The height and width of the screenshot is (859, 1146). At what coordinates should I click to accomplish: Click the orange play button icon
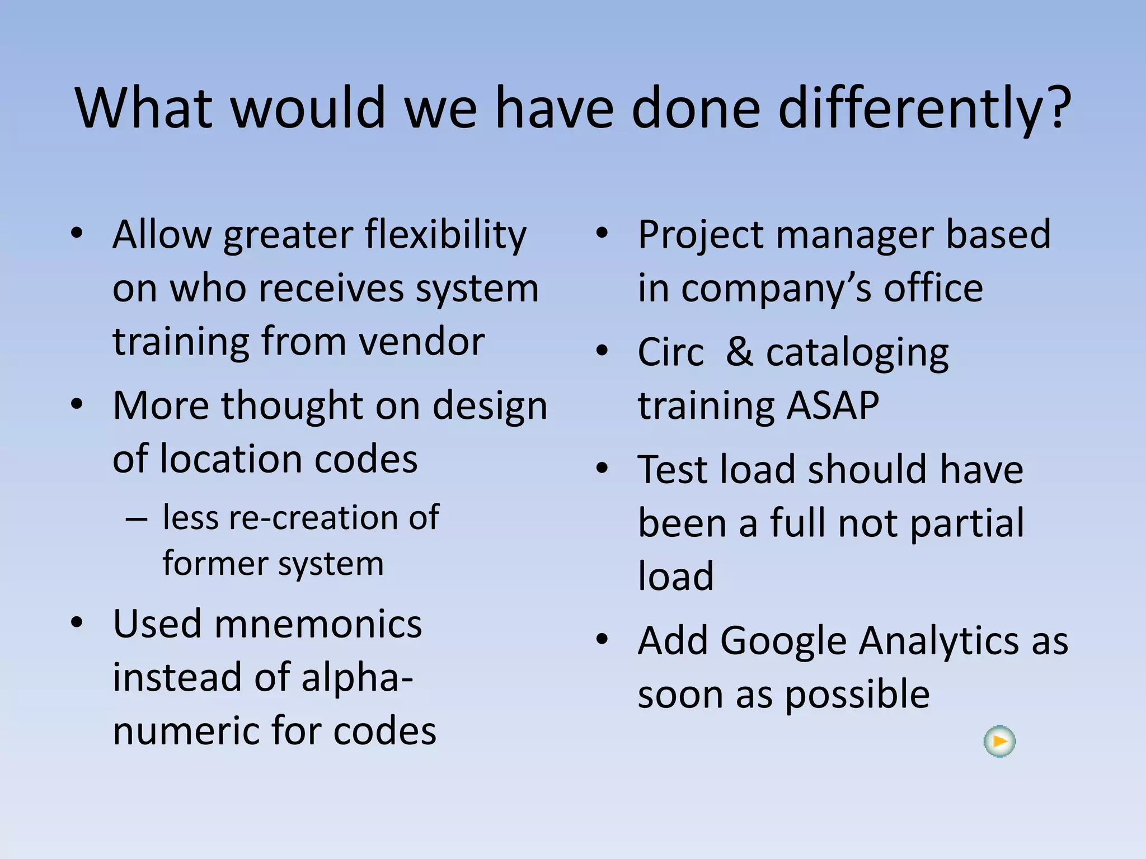[x=999, y=742]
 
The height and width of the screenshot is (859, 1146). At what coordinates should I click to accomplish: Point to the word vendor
[x=421, y=341]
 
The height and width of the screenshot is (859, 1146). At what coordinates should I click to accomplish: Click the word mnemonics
[x=318, y=624]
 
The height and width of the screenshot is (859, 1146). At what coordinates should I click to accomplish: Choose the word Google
[x=783, y=641]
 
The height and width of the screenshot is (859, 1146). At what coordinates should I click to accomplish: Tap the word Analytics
[x=939, y=641]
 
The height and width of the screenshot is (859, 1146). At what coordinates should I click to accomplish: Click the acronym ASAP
[x=833, y=405]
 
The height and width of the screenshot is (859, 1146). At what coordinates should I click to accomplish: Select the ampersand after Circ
[x=739, y=352]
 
